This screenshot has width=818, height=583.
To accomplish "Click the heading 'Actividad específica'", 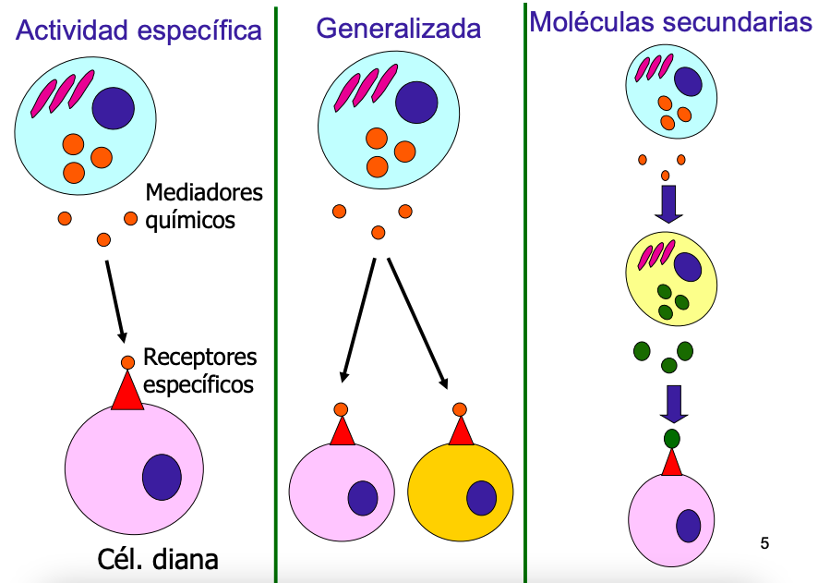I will (x=138, y=30).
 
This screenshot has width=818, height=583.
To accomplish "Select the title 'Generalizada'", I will (x=398, y=29).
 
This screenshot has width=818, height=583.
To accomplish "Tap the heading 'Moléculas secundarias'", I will (x=670, y=22).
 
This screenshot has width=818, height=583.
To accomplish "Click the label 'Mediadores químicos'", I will (x=203, y=207).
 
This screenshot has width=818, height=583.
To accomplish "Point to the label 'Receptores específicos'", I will (x=199, y=370).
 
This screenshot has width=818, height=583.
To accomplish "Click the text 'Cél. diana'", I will (x=158, y=559).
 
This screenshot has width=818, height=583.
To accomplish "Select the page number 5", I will (x=764, y=542).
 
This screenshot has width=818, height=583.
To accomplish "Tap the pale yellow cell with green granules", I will (x=671, y=279).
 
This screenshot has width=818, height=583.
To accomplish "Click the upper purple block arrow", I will (x=668, y=204).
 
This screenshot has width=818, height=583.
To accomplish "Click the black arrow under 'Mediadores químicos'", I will (x=115, y=300).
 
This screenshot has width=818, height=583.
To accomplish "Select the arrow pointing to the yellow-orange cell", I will (x=417, y=322).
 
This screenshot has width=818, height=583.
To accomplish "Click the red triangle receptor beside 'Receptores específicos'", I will (x=127, y=392).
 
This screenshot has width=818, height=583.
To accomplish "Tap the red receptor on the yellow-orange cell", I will (x=460, y=431).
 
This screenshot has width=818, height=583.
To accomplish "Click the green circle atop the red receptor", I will (x=672, y=437).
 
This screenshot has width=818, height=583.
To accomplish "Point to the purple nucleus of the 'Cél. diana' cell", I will (x=162, y=477).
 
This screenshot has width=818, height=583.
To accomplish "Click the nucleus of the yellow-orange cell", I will (x=482, y=498).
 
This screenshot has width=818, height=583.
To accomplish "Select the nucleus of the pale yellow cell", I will (x=687, y=267).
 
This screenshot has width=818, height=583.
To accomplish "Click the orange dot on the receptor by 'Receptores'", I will (x=127, y=362).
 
